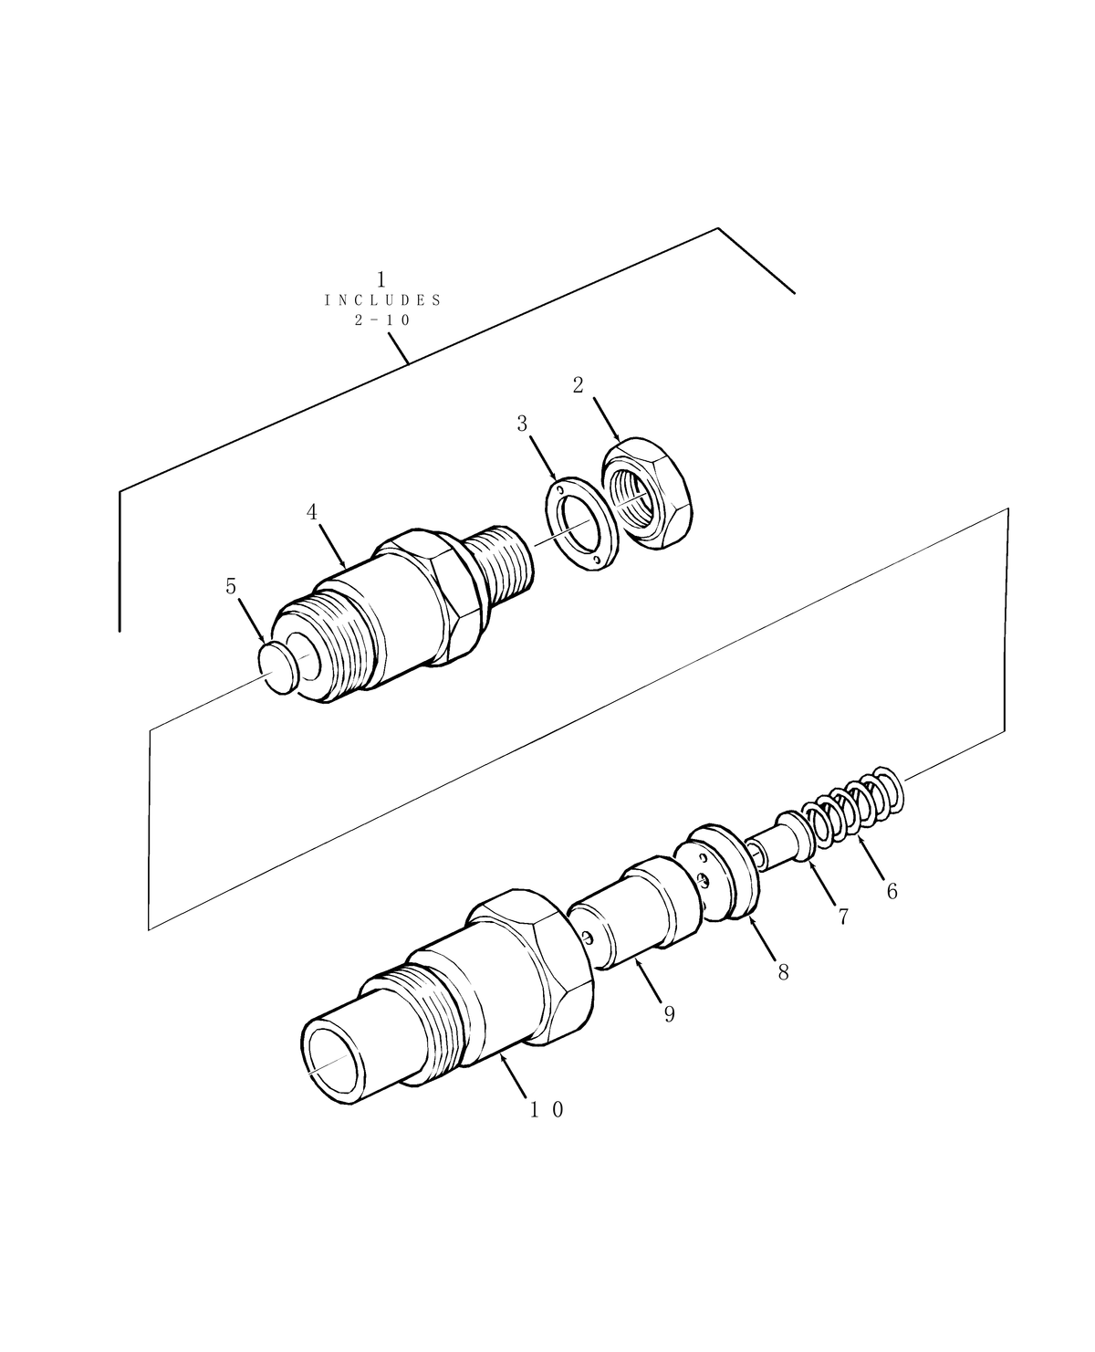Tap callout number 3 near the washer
(x=522, y=424)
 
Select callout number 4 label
(x=312, y=512)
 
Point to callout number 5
(x=231, y=587)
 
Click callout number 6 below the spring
(x=892, y=891)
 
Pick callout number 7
(x=843, y=917)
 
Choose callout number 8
(x=783, y=972)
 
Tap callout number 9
(x=669, y=1014)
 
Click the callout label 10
(x=547, y=1110)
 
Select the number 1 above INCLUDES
(x=381, y=278)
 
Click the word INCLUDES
(x=382, y=300)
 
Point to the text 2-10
(x=382, y=320)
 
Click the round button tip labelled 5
(x=279, y=667)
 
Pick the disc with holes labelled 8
(x=721, y=871)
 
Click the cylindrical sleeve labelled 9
(x=634, y=913)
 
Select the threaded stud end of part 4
(x=505, y=563)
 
